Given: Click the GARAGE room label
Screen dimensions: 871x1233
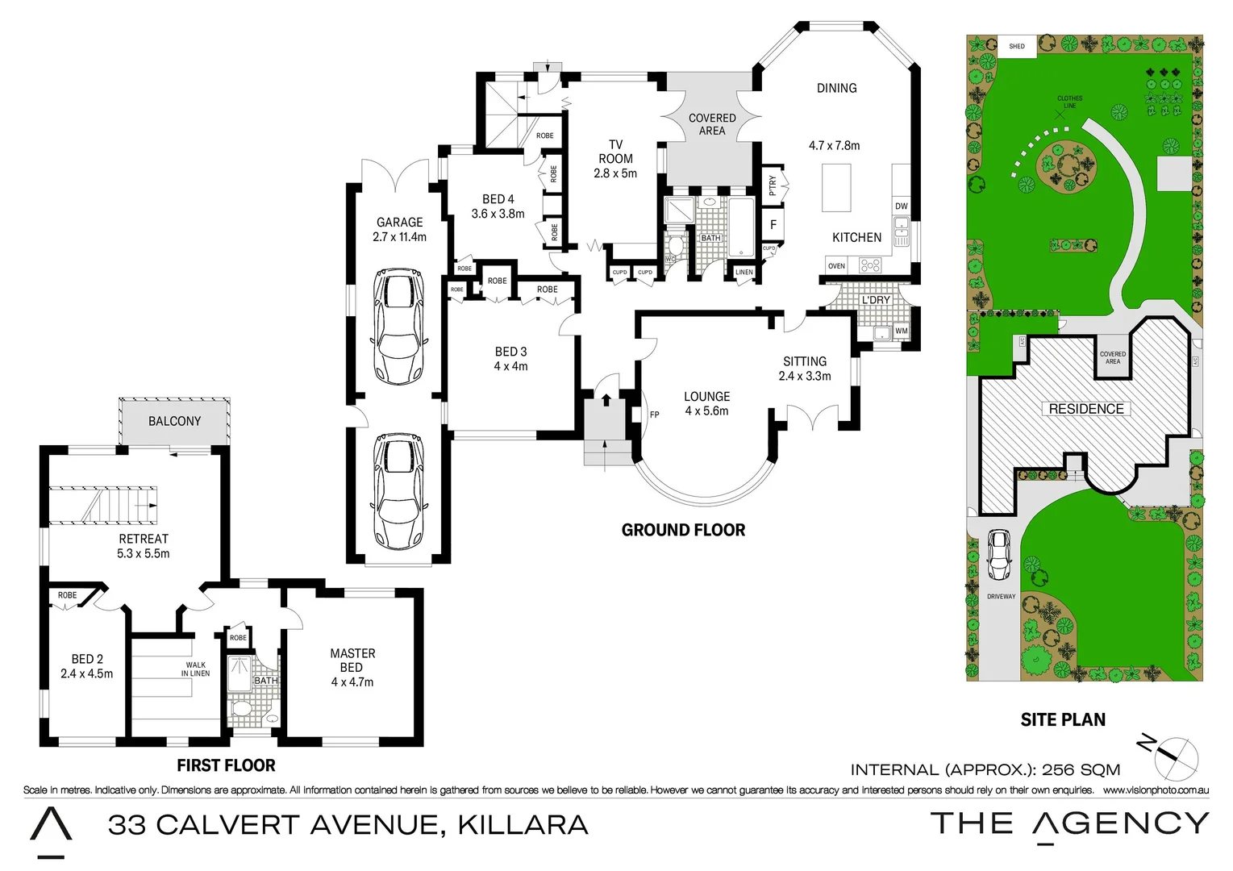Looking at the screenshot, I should [399, 223].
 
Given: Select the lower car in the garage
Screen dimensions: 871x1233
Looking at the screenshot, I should [398, 492].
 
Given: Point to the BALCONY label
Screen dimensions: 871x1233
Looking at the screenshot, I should [174, 421].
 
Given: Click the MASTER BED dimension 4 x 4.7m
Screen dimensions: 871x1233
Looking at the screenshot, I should [352, 682].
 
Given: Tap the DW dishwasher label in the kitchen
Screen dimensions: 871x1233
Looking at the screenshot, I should [901, 206].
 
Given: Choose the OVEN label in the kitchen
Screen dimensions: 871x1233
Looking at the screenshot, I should [836, 266].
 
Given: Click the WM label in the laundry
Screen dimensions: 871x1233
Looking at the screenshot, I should [901, 331].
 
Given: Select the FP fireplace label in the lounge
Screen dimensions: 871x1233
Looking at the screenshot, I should [654, 415].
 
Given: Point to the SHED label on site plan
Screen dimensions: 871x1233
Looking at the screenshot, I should [1017, 46].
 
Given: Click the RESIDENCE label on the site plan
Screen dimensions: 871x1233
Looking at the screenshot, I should [1085, 409].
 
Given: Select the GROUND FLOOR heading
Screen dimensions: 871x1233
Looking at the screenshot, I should [683, 530].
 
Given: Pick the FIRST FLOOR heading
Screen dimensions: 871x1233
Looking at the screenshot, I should [226, 765].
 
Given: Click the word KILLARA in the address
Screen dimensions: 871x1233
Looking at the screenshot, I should [523, 825].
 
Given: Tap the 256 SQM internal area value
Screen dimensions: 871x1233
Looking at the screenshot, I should [1081, 769].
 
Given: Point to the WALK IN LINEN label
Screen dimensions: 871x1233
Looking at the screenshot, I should [195, 669].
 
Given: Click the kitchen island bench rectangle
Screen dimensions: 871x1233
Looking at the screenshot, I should [836, 187].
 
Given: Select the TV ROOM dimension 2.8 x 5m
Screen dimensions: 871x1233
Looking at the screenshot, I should [615, 173].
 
